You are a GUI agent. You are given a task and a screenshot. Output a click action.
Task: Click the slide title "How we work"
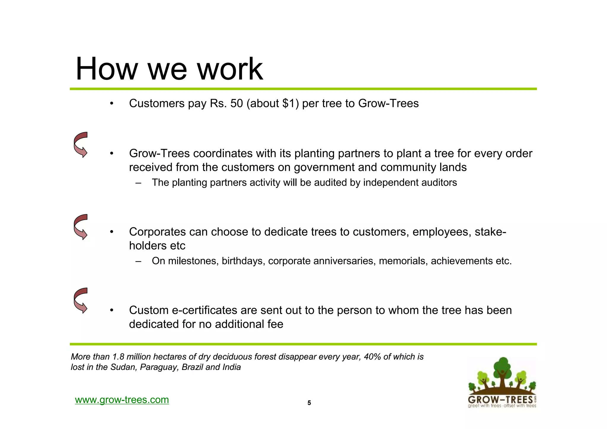point(169,69)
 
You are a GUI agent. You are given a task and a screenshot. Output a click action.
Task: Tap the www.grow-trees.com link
point(122,400)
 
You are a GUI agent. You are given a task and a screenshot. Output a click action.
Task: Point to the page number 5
point(309,403)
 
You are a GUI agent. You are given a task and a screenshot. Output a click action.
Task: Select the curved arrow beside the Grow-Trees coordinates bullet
point(81,145)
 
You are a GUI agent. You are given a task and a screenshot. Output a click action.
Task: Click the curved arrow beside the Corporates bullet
point(81,227)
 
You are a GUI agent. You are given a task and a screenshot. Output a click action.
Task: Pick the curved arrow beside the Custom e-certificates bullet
point(81,300)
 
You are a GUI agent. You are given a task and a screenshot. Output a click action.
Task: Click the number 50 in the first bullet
point(237,103)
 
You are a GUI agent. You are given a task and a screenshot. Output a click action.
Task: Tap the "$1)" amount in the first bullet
point(290,103)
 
